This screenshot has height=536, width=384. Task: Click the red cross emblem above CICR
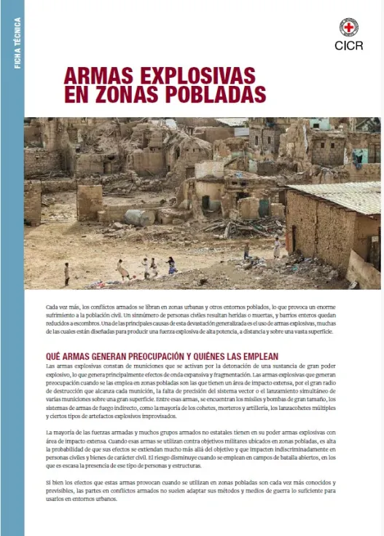(x=349, y=27)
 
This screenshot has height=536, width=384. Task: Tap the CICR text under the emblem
(x=349, y=45)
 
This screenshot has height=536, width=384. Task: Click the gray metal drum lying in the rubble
(x=138, y=217)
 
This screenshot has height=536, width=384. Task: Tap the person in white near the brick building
(x=277, y=248)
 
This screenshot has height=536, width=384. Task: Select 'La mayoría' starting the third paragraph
(x=60, y=433)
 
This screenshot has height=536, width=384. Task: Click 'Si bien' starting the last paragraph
(x=55, y=484)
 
